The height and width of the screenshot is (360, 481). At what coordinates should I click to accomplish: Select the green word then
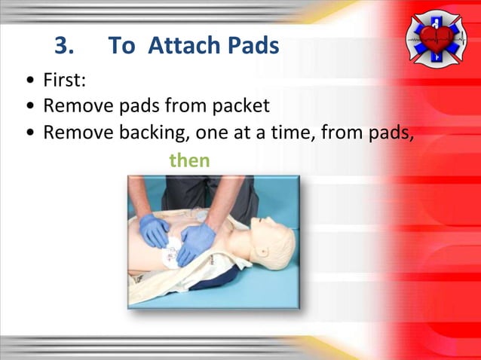(x=188, y=160)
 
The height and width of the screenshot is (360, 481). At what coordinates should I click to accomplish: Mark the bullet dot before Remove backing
(x=29, y=133)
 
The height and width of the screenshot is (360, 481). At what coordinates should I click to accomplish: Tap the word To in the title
(x=122, y=47)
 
